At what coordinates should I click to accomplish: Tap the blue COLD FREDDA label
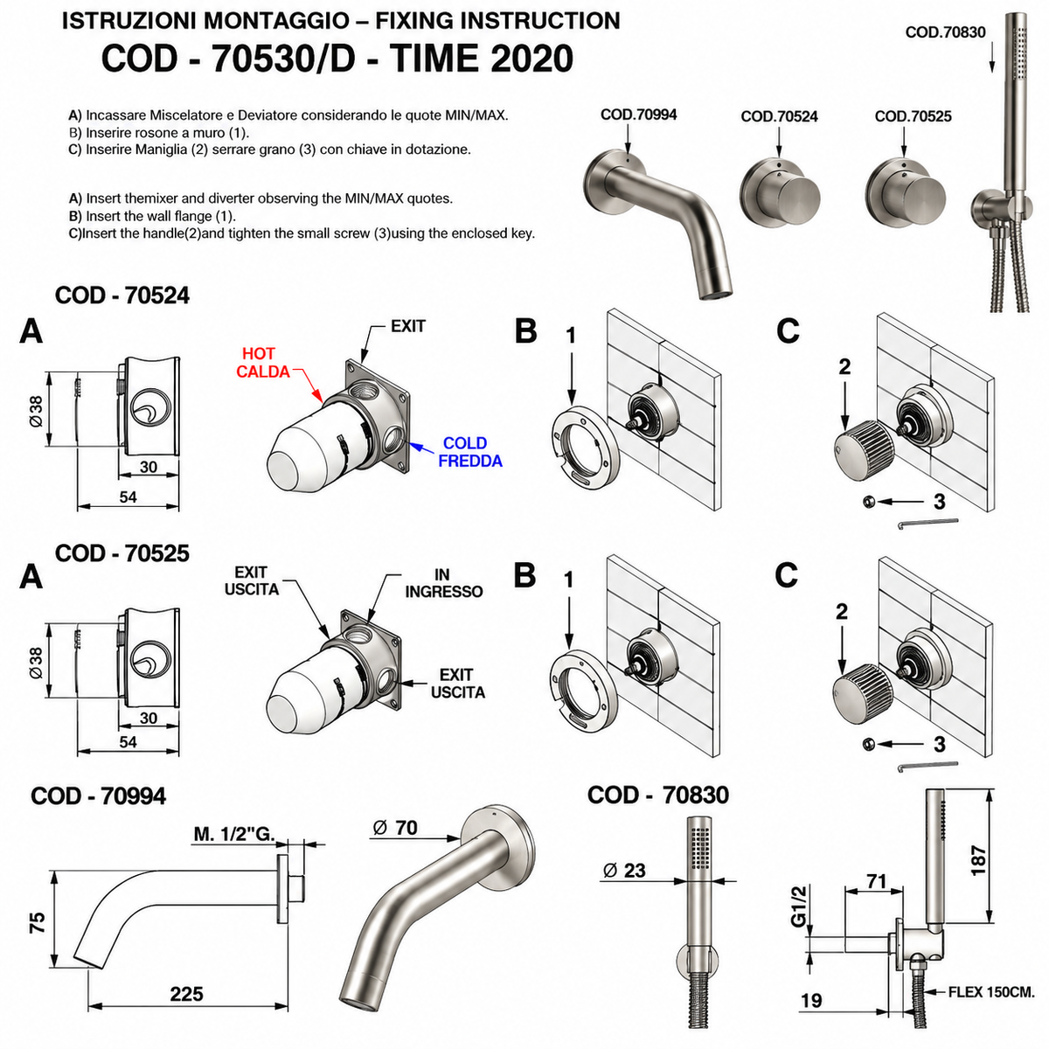[469, 452]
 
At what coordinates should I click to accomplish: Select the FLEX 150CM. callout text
[990, 992]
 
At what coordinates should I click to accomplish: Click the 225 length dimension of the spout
[186, 994]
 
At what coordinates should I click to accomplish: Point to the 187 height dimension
[978, 860]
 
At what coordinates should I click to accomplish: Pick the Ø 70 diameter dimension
[395, 828]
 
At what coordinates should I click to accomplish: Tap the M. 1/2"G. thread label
[234, 834]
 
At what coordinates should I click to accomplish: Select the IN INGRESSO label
[443, 583]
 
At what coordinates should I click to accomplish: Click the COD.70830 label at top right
[945, 32]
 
